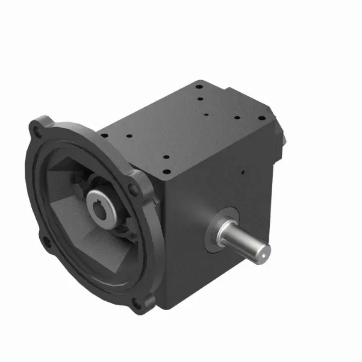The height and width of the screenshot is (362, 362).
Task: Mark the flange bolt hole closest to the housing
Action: (134, 192)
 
